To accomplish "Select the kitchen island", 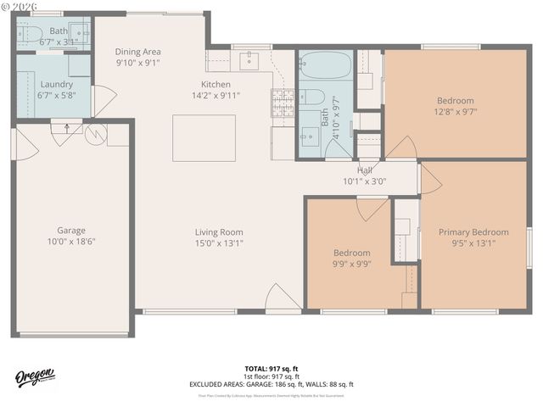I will point(204,138).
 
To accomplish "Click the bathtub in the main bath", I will point(326,65).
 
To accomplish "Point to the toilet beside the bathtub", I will point(310,96).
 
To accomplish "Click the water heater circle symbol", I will point(93,133).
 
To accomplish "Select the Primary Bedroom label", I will point(473,232).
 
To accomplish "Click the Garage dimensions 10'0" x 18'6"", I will point(71,242).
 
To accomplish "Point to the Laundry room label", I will point(55,84).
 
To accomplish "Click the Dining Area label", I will point(137,51).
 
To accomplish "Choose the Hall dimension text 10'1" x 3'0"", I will point(364,181).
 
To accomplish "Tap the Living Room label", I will point(219,232).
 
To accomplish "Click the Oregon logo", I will point(34,376).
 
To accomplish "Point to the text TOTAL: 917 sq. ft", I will point(271,368).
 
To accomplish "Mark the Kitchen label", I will point(216,84).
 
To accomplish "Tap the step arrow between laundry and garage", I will point(66,129).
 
